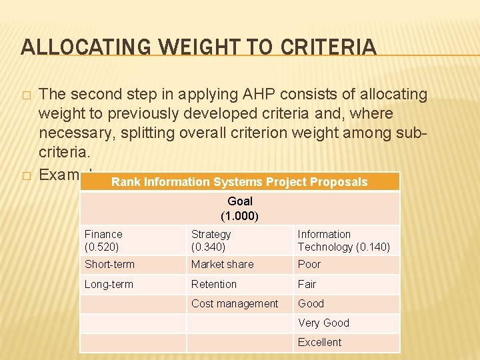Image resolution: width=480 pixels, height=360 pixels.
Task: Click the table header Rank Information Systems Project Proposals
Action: tap(239, 182)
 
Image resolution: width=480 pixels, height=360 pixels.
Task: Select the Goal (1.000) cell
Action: tap(239, 209)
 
